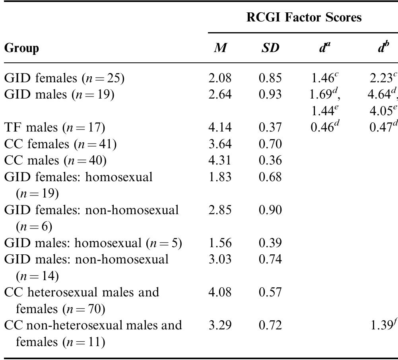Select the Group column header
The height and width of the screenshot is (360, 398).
pos(22,48)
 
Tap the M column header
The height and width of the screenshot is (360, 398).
pos(219,48)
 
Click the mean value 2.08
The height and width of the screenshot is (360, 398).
pos(219,78)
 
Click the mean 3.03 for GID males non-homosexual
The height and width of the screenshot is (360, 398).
pos(219,259)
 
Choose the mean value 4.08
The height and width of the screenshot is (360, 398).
pos(219,292)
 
